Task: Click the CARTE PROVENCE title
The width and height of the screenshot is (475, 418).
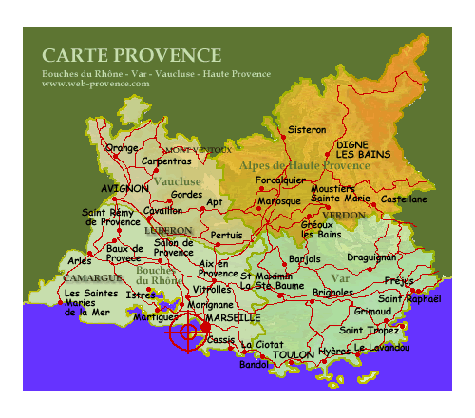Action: pyautogui.click(x=131, y=56)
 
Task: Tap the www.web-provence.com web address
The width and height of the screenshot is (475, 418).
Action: pyautogui.click(x=96, y=85)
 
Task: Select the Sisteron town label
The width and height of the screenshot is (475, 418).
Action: pyautogui.click(x=307, y=129)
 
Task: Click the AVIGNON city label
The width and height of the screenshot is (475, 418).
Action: pyautogui.click(x=124, y=189)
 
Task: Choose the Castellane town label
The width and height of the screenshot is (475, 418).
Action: pyautogui.click(x=403, y=199)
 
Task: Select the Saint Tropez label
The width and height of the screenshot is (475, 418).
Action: pyautogui.click(x=369, y=331)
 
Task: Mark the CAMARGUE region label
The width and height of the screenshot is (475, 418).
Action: pyautogui.click(x=92, y=278)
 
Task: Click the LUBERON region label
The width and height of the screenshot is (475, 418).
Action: pyautogui.click(x=168, y=231)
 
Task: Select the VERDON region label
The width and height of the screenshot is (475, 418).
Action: pyautogui.click(x=343, y=216)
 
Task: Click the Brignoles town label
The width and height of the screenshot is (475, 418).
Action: pyautogui.click(x=333, y=293)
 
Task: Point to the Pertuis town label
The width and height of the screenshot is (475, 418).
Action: pyautogui.click(x=226, y=235)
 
